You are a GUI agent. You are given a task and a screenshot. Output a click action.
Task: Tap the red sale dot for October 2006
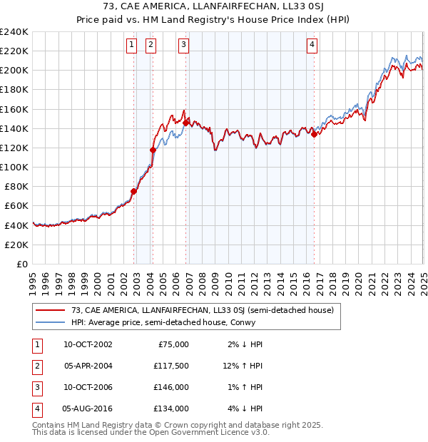pos(185,123)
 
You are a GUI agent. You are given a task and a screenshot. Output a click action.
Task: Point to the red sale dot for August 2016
pos(314,134)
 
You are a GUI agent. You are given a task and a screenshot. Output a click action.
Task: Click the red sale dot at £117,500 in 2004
pos(153,150)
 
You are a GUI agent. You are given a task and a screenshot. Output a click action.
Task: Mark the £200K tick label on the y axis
pos(14,71)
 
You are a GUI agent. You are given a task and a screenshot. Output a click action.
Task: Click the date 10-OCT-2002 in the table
pos(87,344)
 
